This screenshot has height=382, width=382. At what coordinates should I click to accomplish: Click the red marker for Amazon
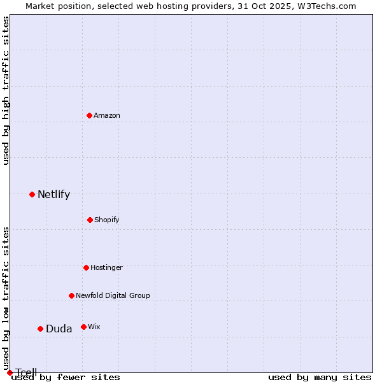pyautogui.click(x=89, y=115)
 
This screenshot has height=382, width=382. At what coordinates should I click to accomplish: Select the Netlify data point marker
pyautogui.click(x=32, y=194)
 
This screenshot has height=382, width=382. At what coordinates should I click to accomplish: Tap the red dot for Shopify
pyautogui.click(x=90, y=220)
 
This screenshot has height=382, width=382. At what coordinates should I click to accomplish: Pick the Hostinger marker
pyautogui.click(x=86, y=267)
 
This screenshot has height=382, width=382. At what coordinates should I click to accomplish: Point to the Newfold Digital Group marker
pyautogui.click(x=71, y=295)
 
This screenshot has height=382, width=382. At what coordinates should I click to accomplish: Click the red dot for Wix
pyautogui.click(x=83, y=327)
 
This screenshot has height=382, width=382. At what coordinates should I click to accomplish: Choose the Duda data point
pyautogui.click(x=40, y=329)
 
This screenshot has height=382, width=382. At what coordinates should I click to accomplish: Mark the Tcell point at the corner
pyautogui.click(x=10, y=372)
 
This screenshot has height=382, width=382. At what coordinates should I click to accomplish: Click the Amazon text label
pyautogui.click(x=107, y=115)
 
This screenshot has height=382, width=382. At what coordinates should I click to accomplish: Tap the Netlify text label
pyautogui.click(x=53, y=194)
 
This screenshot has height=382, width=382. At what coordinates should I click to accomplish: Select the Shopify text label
pyautogui.click(x=107, y=220)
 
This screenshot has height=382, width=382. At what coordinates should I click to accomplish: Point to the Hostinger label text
pyautogui.click(x=106, y=267)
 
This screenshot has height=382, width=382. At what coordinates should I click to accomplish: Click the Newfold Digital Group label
pyautogui.click(x=113, y=295)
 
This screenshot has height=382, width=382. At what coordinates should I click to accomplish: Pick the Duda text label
pyautogui.click(x=59, y=329)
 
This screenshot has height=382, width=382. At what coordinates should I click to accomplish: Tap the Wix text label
pyautogui.click(x=94, y=327)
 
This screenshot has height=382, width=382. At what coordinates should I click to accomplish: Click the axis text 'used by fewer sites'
pyautogui.click(x=66, y=378)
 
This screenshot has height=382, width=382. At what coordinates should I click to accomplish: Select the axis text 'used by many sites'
pyautogui.click(x=320, y=378)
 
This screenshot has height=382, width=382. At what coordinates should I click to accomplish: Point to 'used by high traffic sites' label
pyautogui.click(x=6, y=90)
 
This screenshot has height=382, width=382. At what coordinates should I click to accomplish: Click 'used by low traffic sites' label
pyautogui.click(x=6, y=298)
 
